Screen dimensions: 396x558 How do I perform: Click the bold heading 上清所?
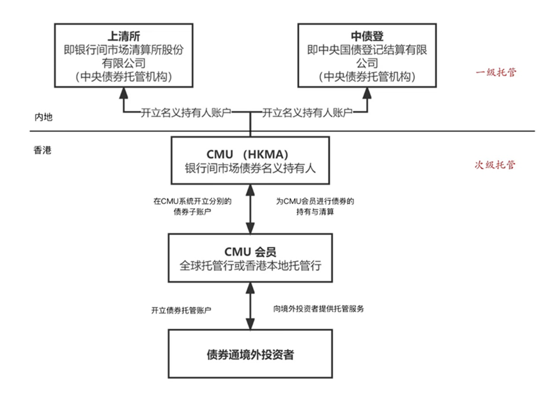click(123, 36)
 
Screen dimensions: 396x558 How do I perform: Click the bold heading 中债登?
click(367, 36)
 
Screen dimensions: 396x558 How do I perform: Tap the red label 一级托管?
click(495, 72)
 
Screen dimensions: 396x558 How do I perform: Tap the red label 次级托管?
click(495, 165)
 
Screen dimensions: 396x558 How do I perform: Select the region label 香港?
click(41, 150)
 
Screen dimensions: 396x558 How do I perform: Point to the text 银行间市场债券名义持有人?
click(250, 169)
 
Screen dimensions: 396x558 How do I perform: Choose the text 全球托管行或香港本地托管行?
click(250, 265)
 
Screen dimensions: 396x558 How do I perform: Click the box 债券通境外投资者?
click(250, 354)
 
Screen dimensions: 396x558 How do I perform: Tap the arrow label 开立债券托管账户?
click(181, 310)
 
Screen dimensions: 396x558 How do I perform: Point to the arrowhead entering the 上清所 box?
click(123, 93)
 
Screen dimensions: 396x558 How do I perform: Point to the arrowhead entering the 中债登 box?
click(367, 93)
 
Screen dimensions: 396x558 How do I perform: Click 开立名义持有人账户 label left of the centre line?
click(186, 112)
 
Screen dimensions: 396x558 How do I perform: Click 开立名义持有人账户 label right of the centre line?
click(307, 112)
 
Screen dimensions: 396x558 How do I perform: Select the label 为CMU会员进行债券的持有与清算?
click(315, 207)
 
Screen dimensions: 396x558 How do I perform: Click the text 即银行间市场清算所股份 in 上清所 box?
click(123, 50)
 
